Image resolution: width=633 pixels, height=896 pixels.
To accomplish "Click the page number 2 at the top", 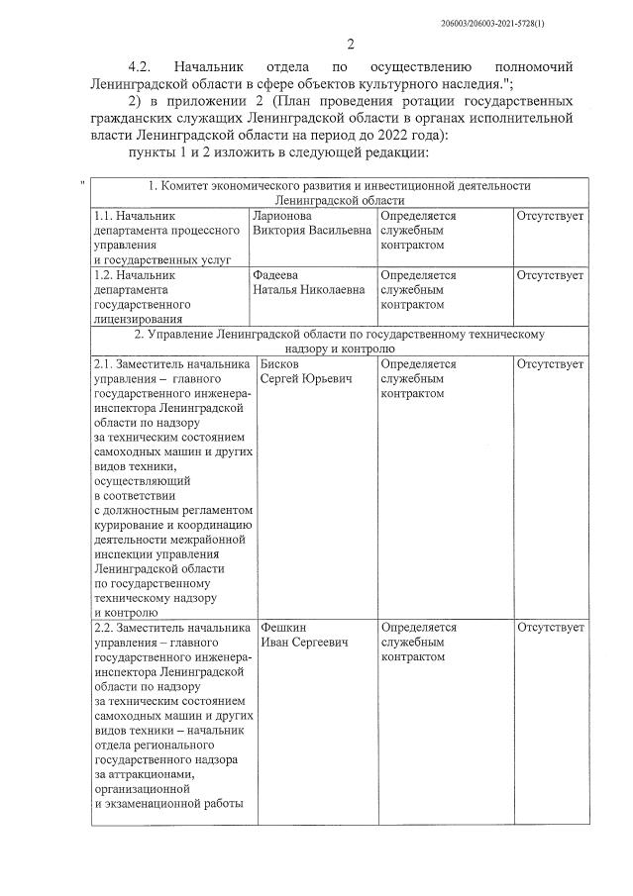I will tap(351, 44).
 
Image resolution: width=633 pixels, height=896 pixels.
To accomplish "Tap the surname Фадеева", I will tap(276, 274).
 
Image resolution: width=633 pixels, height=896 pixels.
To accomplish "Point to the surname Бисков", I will tap(280, 363).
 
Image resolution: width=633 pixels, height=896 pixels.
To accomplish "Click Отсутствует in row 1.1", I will tap(550, 215).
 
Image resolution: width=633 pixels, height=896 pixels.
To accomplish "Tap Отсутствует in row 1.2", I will tap(550, 274).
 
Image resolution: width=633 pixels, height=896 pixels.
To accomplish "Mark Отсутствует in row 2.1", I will tap(550, 363).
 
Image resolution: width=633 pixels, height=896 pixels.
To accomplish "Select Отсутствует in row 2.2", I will tap(550, 628).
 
